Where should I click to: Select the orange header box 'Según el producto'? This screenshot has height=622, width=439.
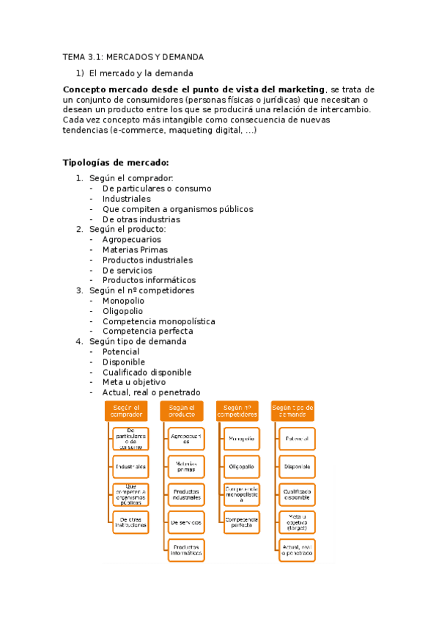[182, 411]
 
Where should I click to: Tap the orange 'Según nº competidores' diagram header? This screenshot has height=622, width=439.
[237, 411]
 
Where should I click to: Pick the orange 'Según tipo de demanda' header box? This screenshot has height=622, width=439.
[292, 411]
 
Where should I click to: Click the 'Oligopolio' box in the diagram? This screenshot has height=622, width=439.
[241, 466]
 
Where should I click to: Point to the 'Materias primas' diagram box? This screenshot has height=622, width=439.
[186, 466]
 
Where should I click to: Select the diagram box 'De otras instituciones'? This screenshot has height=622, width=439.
[131, 522]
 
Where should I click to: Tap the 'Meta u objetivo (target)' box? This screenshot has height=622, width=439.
[297, 522]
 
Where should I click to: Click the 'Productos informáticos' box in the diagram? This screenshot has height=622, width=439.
[186, 549]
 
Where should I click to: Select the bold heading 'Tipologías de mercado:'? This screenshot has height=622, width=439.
[116, 162]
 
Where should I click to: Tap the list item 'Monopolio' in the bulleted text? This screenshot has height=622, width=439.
[123, 301]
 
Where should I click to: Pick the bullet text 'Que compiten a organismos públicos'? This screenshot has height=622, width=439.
[177, 209]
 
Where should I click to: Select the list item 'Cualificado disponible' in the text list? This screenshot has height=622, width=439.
[147, 372]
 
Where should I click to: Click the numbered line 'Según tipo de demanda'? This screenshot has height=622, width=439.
[138, 341]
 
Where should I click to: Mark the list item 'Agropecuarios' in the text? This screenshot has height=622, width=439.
[131, 239]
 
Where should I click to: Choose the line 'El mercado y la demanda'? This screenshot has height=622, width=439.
[141, 73]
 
